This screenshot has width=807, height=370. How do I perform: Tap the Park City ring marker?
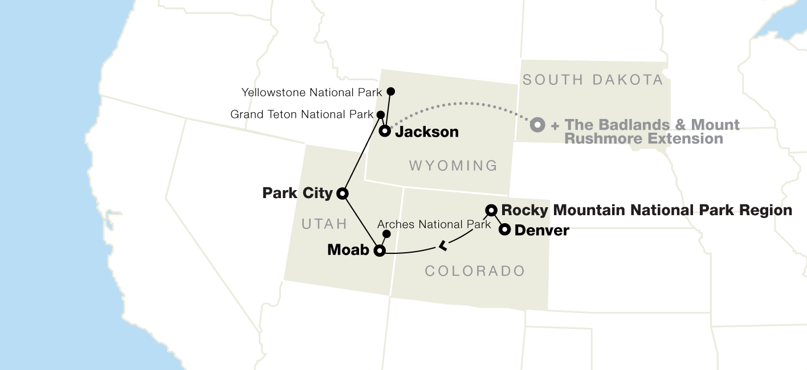click(343, 194)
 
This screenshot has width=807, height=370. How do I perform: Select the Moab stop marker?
click(379, 250)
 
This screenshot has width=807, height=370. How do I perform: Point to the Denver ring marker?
click(504, 230)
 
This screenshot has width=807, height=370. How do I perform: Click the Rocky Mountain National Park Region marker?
click(491, 210)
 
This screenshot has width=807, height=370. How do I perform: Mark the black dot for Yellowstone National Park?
click(391, 91)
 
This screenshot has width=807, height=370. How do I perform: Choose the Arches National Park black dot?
click(386, 234)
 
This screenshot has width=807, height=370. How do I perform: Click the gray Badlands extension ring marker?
click(537, 125)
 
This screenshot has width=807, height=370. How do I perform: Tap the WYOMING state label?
click(454, 166)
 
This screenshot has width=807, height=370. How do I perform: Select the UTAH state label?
click(324, 225)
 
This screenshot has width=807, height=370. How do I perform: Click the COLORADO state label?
click(475, 271)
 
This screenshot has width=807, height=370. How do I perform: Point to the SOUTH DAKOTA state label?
click(593, 80)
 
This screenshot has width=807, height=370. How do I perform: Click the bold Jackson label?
click(427, 132)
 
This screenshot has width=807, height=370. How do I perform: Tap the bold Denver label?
click(541, 231)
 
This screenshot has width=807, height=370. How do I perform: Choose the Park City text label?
click(297, 194)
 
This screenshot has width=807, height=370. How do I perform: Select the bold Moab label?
click(348, 250)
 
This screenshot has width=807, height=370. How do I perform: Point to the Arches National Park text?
click(434, 224)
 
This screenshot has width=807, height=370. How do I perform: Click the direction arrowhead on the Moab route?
click(442, 246)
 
